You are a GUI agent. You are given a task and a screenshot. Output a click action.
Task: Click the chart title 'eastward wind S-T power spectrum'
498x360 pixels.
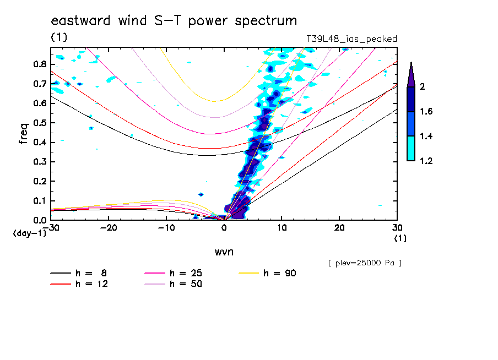point(174,21)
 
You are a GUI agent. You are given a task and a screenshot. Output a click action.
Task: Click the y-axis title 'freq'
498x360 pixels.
point(24,134)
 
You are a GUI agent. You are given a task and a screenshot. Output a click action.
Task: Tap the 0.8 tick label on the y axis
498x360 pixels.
point(39,64)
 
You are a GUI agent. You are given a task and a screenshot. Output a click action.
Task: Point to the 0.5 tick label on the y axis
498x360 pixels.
point(39,123)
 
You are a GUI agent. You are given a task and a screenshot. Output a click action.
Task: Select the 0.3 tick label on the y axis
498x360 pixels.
point(39,162)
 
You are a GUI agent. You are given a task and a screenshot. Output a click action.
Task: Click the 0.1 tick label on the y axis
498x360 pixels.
point(39,201)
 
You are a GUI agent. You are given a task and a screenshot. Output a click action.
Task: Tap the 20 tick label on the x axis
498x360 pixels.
point(339,228)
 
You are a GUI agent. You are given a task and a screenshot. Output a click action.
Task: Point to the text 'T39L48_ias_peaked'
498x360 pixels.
point(351,39)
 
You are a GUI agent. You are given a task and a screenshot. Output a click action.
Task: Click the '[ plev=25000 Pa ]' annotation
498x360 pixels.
point(365,263)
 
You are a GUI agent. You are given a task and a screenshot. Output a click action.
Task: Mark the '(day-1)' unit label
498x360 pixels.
point(30,233)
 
